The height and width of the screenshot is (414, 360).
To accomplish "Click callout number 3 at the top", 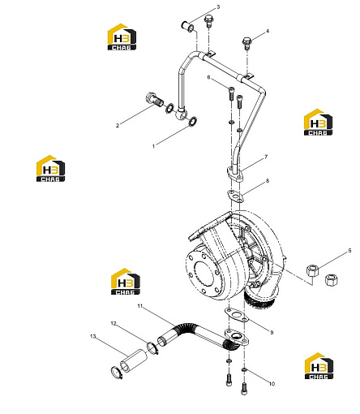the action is click(218, 6).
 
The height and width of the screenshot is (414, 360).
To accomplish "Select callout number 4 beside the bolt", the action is click(268, 31).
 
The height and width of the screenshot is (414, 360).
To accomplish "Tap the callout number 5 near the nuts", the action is click(349, 251).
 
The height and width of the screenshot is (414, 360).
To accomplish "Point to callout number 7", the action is click(266, 157).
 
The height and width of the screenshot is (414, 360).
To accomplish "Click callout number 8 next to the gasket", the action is click(268, 180).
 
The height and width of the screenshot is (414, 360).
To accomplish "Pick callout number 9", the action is click(272, 332).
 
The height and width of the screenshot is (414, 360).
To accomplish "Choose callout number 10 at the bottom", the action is click(272, 384).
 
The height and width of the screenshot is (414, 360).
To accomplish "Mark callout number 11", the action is click(139, 306).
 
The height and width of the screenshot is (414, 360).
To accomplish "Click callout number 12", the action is click(114, 323).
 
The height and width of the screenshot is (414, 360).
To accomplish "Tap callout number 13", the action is click(93, 336).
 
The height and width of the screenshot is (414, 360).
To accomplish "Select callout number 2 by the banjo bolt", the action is click(118, 126).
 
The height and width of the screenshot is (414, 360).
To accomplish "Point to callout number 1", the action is click(154, 146).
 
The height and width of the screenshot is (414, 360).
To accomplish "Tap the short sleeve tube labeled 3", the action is click(187, 26).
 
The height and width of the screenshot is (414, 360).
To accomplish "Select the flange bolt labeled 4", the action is click(246, 43).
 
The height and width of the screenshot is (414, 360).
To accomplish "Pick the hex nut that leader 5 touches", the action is click(312, 270).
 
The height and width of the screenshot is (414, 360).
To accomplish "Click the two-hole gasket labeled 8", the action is click(235, 196).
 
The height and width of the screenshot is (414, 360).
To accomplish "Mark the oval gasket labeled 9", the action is click(237, 315).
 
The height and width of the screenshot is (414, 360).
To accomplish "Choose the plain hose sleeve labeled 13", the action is click(134, 360).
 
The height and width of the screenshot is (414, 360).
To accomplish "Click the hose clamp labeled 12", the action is click(152, 348).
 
